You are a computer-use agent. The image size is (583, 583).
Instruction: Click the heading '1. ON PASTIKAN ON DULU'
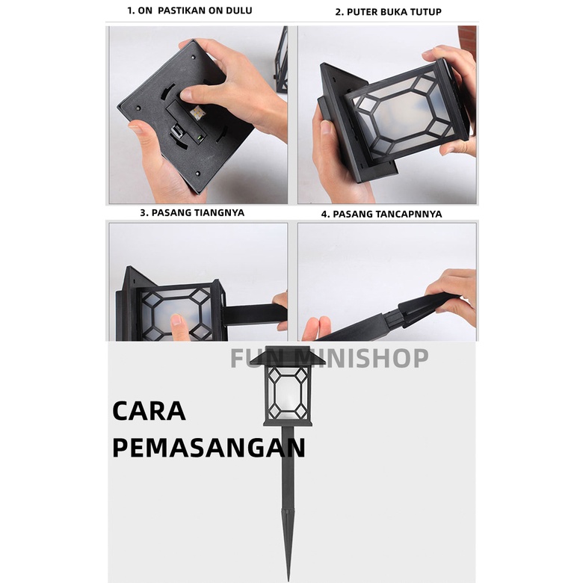[190, 10]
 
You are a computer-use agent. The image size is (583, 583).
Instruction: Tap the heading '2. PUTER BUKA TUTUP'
[388, 12]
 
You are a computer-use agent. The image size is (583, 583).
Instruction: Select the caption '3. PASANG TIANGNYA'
[192, 213]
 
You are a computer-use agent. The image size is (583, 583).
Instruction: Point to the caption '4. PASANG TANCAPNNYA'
[381, 215]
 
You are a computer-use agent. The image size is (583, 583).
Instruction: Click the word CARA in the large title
[149, 411]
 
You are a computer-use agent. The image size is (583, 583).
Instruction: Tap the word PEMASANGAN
[209, 448]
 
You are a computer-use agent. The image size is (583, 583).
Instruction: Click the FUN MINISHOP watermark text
[330, 358]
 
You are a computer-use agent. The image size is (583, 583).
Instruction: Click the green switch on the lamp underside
[200, 138]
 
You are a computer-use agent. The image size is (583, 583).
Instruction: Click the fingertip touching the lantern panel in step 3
[176, 320]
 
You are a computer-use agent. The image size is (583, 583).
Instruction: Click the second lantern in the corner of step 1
[282, 60]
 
